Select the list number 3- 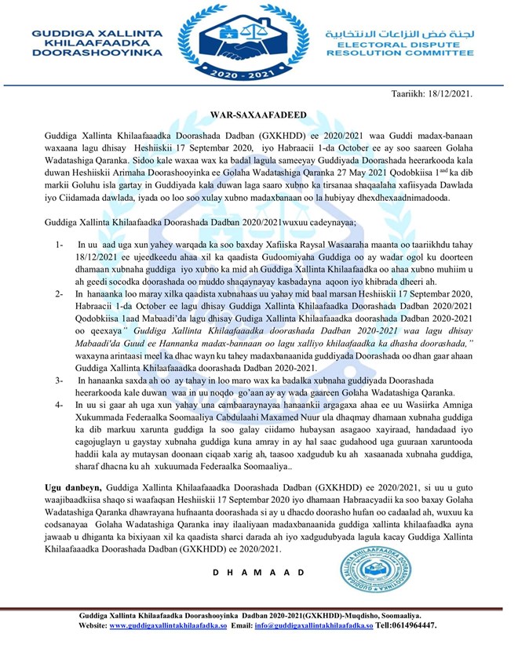60,381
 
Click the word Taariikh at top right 410,93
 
